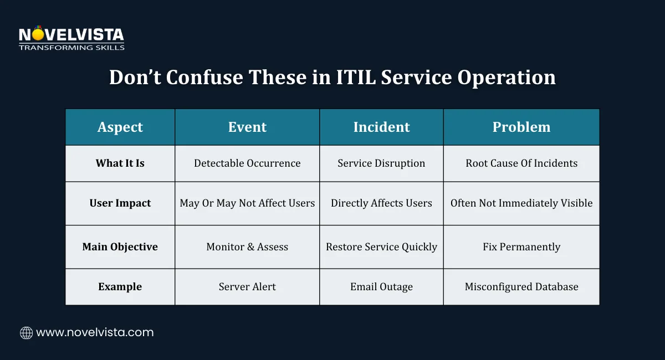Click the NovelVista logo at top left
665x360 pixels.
coord(71,38)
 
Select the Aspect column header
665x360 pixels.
coord(120,127)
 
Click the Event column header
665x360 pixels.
coord(247,127)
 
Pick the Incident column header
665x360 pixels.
coord(381,127)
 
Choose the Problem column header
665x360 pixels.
coord(521,127)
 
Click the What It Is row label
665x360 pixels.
coord(120,163)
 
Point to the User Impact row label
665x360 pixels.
coord(120,203)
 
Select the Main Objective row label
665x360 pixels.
coord(120,247)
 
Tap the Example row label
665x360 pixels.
coord(120,287)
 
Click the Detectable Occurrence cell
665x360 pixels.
coord(247,163)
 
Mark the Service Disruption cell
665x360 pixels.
coord(381,163)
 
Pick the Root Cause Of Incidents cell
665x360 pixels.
coord(521,163)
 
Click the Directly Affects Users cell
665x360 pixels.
coord(381,203)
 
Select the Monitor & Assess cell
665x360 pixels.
coord(247,247)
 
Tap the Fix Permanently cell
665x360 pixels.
coord(521,247)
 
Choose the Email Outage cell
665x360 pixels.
coord(381,287)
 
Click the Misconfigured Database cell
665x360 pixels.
coord(521,287)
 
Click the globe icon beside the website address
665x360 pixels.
coord(26,333)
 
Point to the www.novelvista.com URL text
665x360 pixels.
coord(95,333)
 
